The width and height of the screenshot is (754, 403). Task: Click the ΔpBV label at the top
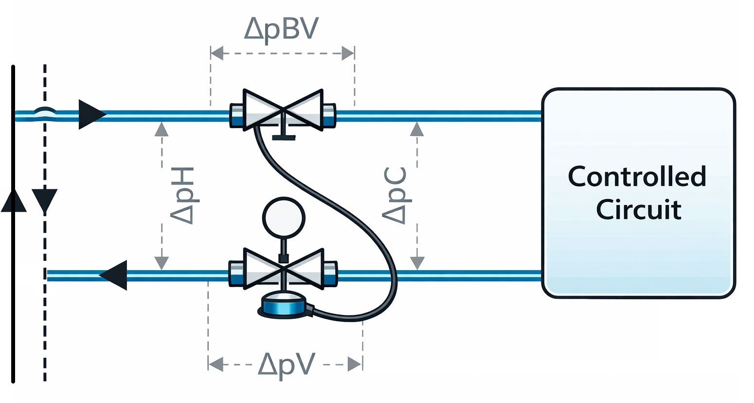coord(282,28)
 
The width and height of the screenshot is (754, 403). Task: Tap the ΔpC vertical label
coord(395,196)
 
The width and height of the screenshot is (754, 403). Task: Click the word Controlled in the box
coord(637,177)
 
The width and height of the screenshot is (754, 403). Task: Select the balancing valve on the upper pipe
coord(283,110)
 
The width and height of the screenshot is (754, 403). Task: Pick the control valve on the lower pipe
coord(283,269)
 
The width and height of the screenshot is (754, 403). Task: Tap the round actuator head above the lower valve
coord(284,217)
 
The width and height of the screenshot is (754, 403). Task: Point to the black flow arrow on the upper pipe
coord(91,114)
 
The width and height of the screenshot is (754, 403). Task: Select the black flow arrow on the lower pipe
coord(114,275)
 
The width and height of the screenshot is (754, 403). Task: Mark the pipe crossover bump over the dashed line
coord(45,112)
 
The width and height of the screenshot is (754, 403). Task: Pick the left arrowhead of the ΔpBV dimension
coord(217,53)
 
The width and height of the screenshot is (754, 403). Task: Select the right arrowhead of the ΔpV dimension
coord(355,364)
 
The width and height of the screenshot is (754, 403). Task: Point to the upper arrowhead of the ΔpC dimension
coord(416,128)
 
